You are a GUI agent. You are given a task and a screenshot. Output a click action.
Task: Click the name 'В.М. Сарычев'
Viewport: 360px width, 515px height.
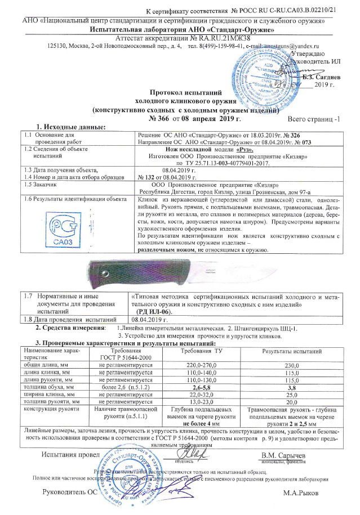click(285, 454)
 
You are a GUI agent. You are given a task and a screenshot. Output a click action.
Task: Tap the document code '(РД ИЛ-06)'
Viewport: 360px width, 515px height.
click(158, 311)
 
